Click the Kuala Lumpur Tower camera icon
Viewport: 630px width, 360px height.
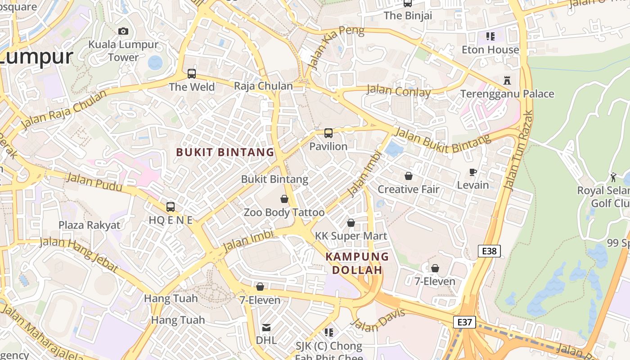pos(123,31)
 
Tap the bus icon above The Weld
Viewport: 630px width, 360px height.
pos(192,73)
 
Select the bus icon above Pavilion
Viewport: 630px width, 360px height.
pos(328,133)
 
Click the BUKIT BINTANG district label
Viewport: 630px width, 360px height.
pos(225,152)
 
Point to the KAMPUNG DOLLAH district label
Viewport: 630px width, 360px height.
pos(357,263)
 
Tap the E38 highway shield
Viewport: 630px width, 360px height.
pos(489,251)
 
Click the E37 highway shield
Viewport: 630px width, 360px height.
pos(464,322)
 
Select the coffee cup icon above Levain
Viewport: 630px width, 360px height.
pos(473,172)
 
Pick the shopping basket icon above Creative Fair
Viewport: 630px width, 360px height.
pos(408,175)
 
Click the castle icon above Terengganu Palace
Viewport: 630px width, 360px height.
pos(507,81)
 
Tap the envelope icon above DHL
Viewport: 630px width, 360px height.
pos(266,327)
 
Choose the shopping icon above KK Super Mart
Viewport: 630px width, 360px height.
pos(351,223)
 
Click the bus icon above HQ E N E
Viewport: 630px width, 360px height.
pos(171,207)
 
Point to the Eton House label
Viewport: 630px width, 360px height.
pos(490,49)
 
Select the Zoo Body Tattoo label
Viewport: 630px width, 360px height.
pos(284,212)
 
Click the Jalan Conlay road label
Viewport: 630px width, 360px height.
pos(398,91)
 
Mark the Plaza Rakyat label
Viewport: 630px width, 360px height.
pos(90,225)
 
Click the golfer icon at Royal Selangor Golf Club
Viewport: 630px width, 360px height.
pos(613,177)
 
